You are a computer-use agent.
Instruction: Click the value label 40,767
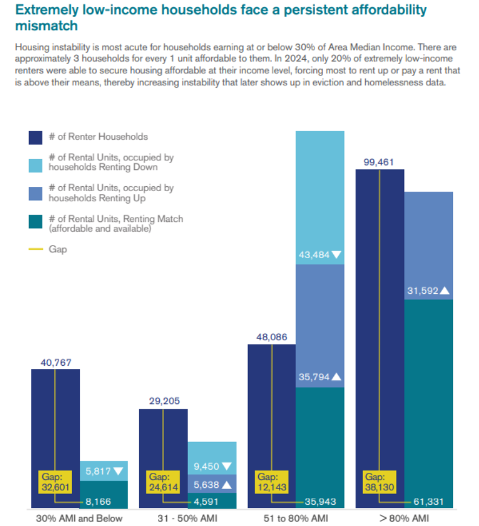click(x=55, y=362)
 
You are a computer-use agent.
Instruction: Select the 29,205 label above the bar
click(x=163, y=401)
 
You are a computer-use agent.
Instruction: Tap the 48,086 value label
click(x=272, y=337)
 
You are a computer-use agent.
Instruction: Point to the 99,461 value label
click(x=379, y=163)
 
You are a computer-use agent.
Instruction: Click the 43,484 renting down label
click(x=314, y=255)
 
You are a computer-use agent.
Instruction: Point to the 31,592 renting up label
click(x=422, y=291)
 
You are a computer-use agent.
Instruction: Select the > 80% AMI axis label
click(x=404, y=518)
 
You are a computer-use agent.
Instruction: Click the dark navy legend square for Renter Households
click(x=36, y=137)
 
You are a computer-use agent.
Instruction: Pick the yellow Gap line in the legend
click(x=36, y=249)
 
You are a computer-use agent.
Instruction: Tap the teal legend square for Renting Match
click(x=36, y=224)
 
